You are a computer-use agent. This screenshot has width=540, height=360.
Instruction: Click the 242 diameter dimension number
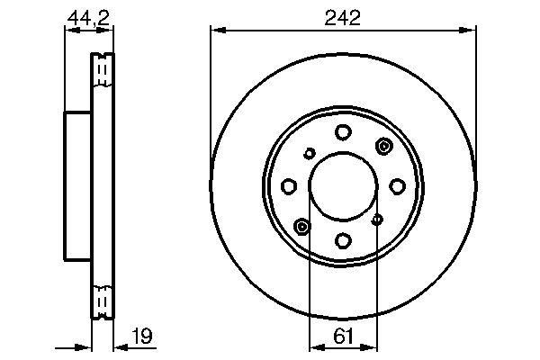click(343, 18)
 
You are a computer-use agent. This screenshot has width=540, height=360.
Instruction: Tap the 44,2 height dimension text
click(88, 16)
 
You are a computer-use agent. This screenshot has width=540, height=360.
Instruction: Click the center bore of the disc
click(343, 186)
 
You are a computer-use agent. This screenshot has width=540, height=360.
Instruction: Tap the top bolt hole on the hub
click(343, 132)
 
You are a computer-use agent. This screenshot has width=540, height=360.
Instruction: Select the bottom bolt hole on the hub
click(343, 240)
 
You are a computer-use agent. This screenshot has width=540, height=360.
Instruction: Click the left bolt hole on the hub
click(289, 186)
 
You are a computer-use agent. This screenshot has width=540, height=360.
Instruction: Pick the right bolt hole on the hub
click(397, 186)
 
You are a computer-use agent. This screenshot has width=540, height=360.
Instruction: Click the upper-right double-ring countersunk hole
click(384, 147)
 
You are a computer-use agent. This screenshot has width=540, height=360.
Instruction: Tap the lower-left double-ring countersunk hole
click(302, 225)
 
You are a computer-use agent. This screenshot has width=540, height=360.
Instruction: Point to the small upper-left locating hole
click(308, 154)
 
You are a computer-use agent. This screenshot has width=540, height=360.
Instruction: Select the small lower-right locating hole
click(377, 218)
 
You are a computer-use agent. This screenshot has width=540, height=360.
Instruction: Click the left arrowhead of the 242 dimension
click(215, 31)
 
